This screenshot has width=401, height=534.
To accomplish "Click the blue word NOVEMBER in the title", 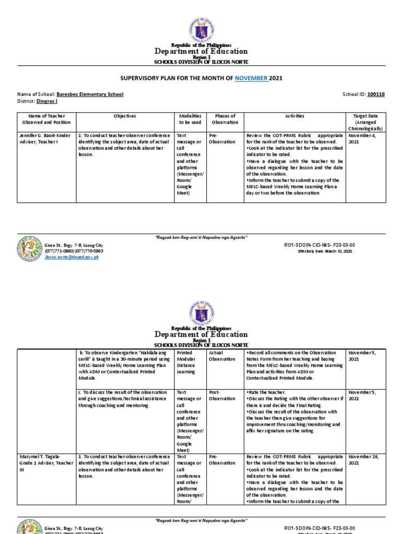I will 252,78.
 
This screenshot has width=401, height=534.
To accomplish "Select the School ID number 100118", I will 375,94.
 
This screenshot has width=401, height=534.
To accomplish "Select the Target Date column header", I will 365,122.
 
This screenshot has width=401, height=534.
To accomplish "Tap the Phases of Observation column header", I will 225,119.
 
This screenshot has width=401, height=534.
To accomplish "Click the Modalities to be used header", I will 190,119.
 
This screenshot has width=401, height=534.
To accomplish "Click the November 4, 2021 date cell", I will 361,138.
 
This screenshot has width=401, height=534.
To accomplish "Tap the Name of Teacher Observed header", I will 46,119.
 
